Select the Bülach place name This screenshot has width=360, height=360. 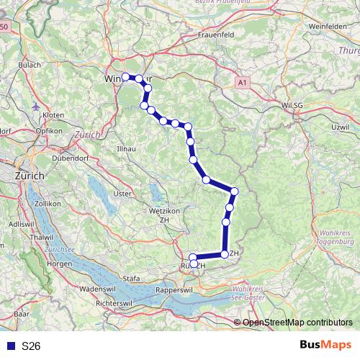29,65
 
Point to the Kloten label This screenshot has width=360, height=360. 53,114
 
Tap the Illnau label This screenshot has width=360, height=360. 116,149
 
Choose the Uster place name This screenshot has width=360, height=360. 123,193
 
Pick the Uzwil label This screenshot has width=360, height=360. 339,127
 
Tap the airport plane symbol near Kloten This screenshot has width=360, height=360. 37,106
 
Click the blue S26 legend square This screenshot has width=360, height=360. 11,346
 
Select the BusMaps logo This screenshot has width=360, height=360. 325,346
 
